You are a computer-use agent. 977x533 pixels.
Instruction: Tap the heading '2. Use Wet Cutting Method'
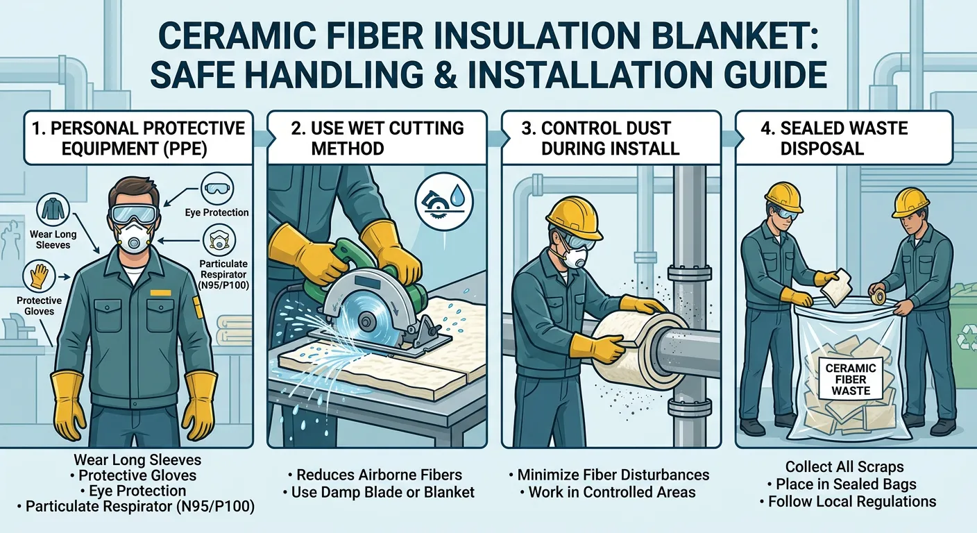tap(379, 138)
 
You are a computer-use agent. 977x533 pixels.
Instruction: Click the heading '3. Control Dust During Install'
tap(606, 138)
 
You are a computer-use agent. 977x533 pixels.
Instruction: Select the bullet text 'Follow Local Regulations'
tap(851, 501)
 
